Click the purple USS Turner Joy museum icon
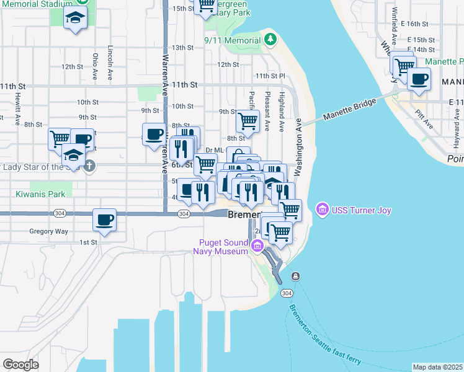[x=322, y=210]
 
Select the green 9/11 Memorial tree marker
[x=270, y=40]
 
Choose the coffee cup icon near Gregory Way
[x=104, y=219]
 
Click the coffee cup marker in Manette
[x=419, y=79]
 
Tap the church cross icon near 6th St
[x=89, y=166]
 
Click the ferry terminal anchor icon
[x=296, y=276]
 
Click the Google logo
[x=20, y=364]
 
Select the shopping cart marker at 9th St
[x=248, y=121]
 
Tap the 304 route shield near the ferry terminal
[x=286, y=293]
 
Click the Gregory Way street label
[x=48, y=231]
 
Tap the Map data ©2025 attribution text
[x=437, y=367]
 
